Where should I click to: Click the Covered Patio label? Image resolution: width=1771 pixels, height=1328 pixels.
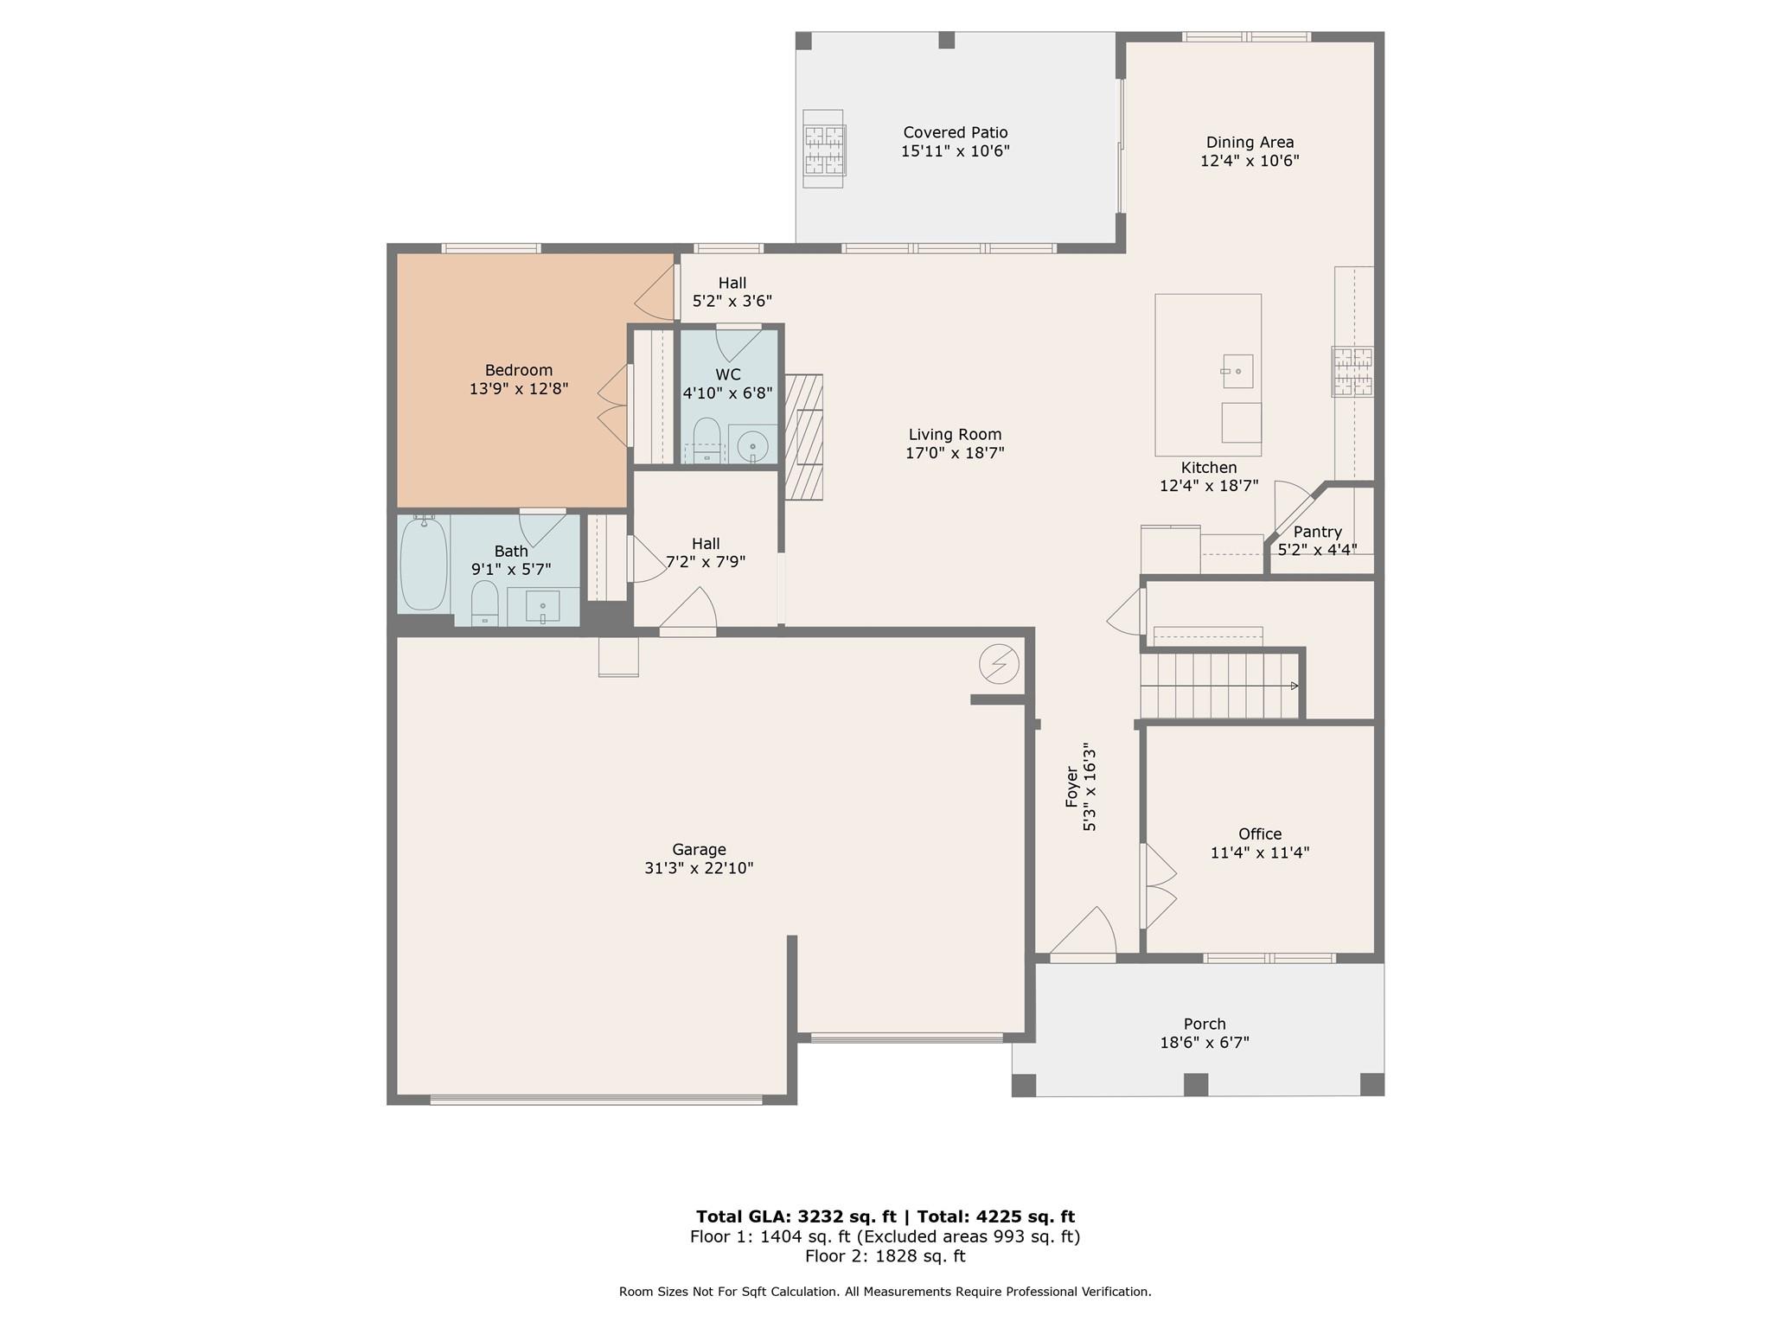tap(956, 132)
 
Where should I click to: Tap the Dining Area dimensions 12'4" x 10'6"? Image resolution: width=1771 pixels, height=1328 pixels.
tap(1250, 161)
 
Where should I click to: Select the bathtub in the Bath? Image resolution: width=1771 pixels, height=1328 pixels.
tap(424, 564)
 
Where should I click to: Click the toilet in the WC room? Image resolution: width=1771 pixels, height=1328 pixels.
tap(707, 440)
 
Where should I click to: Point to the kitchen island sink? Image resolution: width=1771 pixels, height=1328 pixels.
tap(1238, 371)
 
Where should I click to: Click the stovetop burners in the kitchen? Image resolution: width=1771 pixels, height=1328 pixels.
tap(1352, 372)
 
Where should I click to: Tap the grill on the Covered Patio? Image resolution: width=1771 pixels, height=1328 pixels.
tap(824, 149)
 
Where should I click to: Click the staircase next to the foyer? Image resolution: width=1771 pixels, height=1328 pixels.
tap(1219, 686)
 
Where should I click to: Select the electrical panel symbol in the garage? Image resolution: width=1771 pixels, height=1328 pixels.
tap(999, 665)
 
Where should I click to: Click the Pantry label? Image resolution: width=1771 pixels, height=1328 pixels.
tap(1317, 532)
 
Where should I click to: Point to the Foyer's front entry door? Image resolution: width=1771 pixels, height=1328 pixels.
tap(1083, 934)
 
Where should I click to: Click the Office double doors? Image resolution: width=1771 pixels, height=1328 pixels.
tap(1159, 886)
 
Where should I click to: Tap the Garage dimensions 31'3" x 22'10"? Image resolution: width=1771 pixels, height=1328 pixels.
tap(699, 868)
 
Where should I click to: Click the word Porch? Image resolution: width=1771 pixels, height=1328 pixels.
tap(1205, 1025)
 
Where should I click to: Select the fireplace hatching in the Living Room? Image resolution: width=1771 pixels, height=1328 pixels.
tap(803, 437)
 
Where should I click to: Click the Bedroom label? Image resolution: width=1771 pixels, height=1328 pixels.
tap(518, 370)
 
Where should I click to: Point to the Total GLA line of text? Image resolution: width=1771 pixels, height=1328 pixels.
tap(885, 1216)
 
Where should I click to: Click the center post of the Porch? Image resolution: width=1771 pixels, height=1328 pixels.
tap(1195, 1084)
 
